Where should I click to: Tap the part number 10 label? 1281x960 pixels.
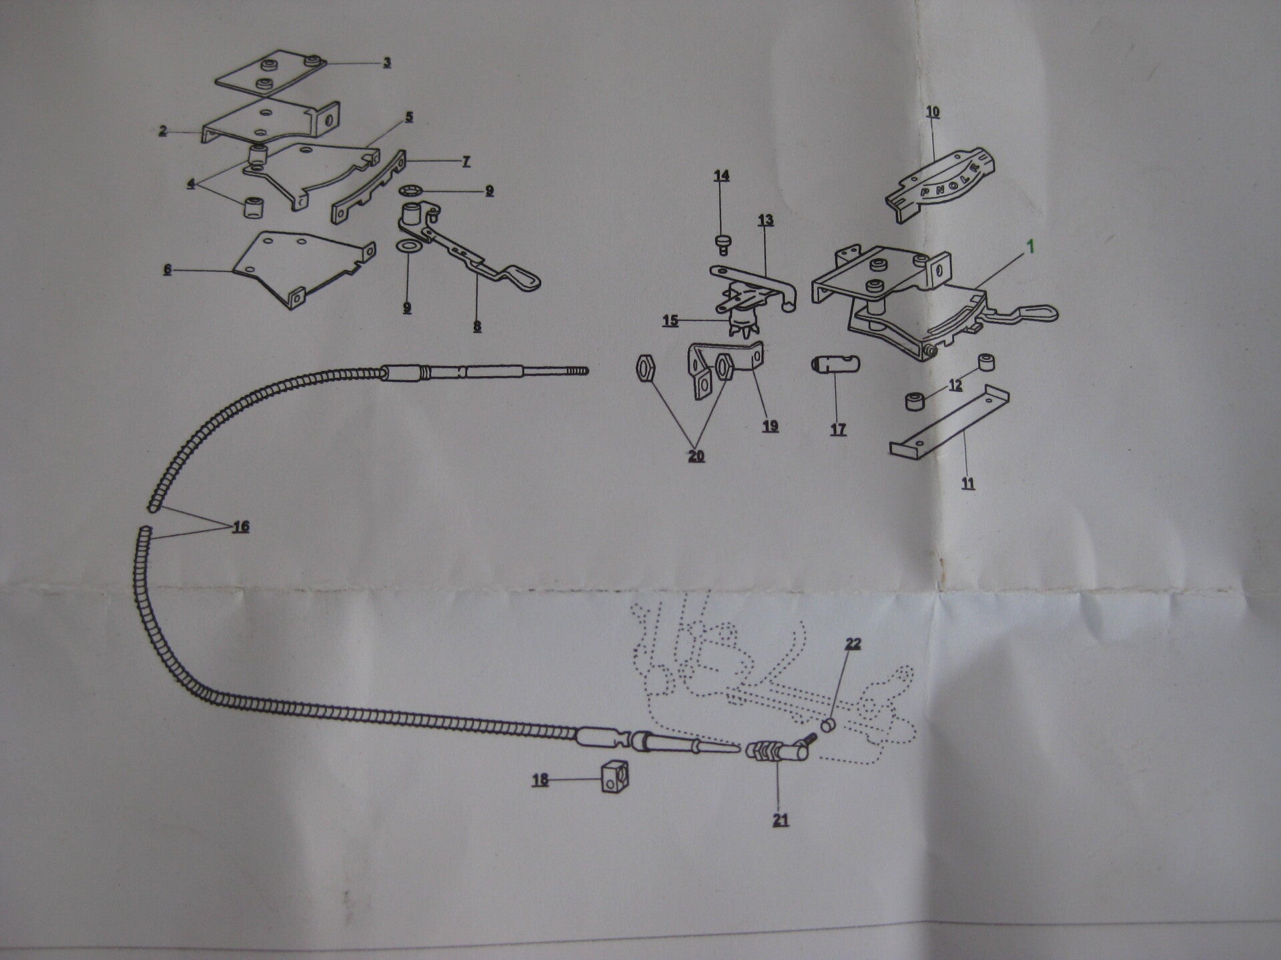click(933, 112)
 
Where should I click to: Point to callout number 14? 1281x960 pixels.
click(721, 176)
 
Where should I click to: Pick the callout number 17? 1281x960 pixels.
click(838, 429)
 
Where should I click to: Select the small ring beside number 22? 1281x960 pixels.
click(827, 725)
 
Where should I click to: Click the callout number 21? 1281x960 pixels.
click(780, 819)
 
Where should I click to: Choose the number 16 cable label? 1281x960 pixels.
click(241, 527)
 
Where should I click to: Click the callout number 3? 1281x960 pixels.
click(386, 63)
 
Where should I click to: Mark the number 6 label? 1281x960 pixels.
click(167, 269)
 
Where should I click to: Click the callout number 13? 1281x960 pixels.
click(765, 220)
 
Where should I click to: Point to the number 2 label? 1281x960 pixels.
click(163, 131)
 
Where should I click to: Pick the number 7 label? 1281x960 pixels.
click(465, 161)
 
